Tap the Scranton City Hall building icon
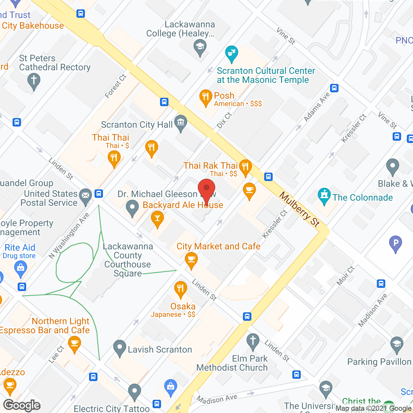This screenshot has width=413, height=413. coord(181,123)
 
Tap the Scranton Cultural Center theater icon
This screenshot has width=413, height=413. coord(232,53)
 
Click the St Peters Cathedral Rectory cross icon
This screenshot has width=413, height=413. coord(34,80)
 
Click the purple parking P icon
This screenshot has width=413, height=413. coord(396,243)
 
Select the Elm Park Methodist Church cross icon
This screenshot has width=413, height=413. coord(253,341)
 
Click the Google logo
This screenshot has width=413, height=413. coord(22,405)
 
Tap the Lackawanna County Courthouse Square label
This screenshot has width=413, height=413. coord(128,260)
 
